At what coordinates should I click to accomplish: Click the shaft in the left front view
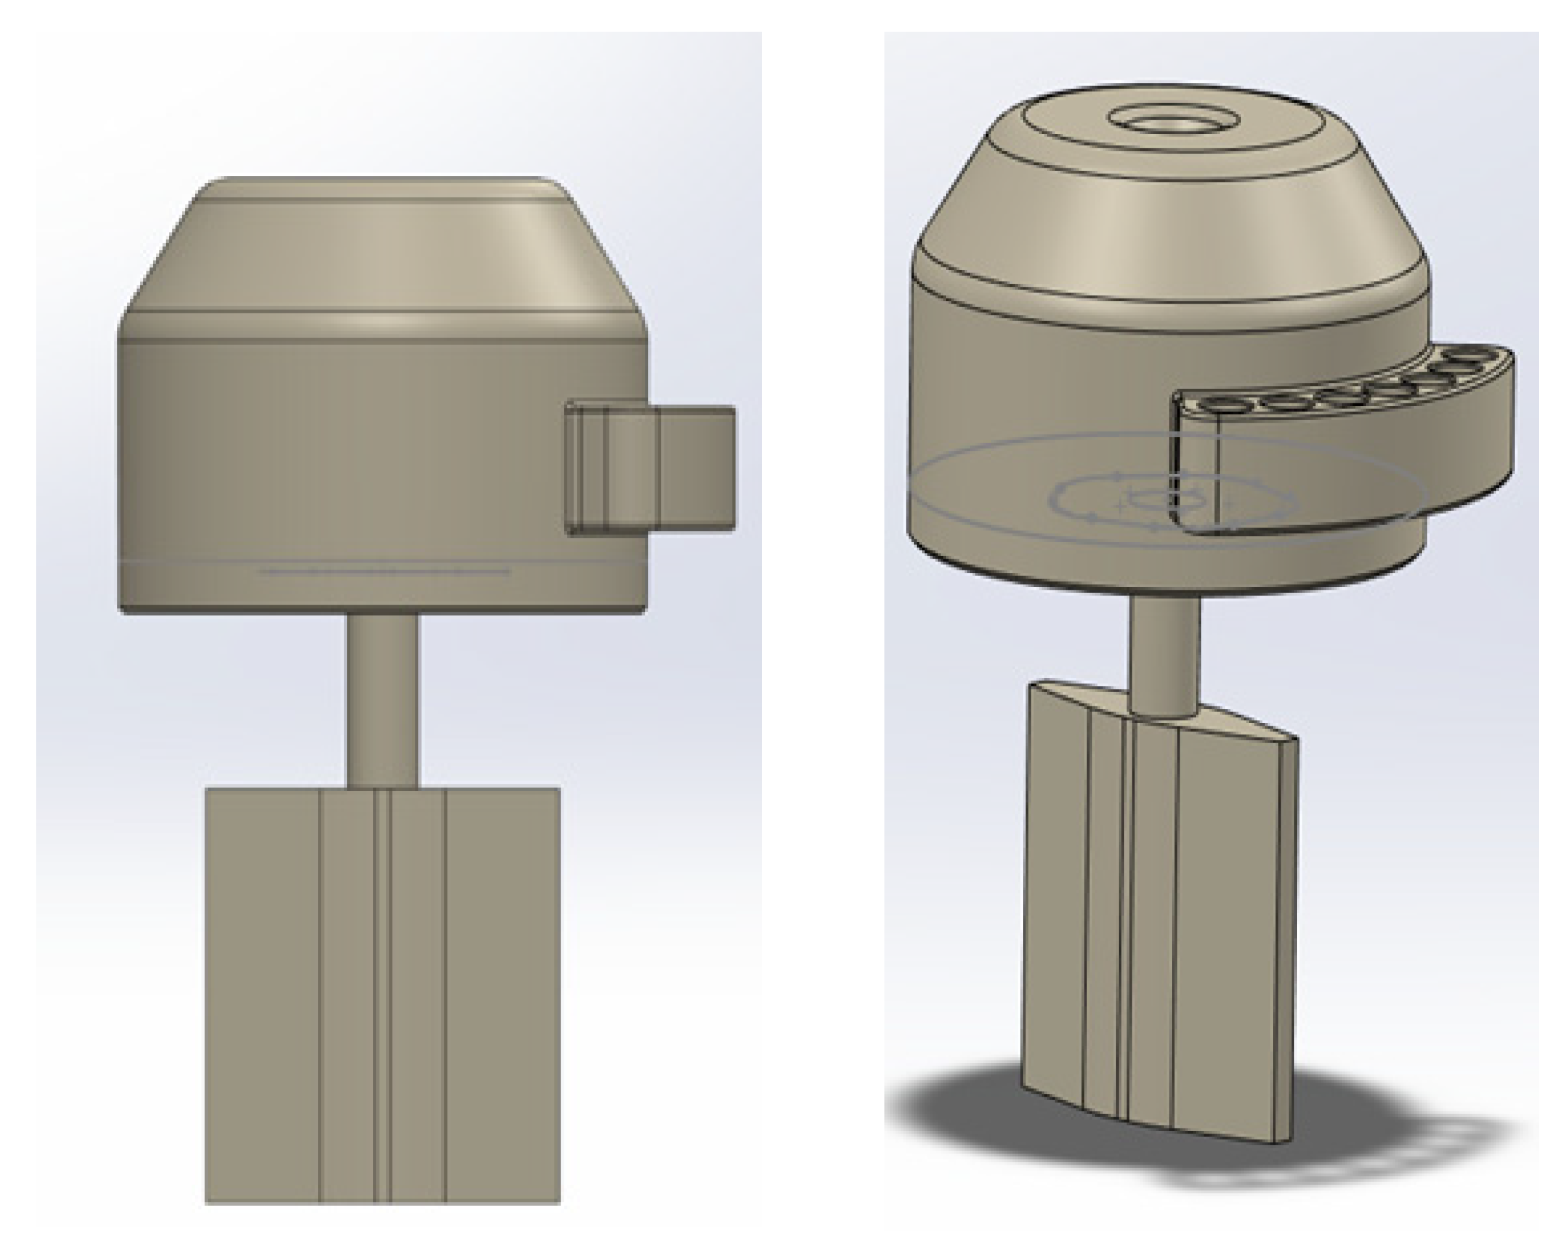click(382, 699)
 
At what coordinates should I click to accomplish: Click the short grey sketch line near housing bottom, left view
click(384, 571)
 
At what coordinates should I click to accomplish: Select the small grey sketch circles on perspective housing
click(1173, 500)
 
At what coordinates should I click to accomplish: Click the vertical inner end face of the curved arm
click(1195, 471)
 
